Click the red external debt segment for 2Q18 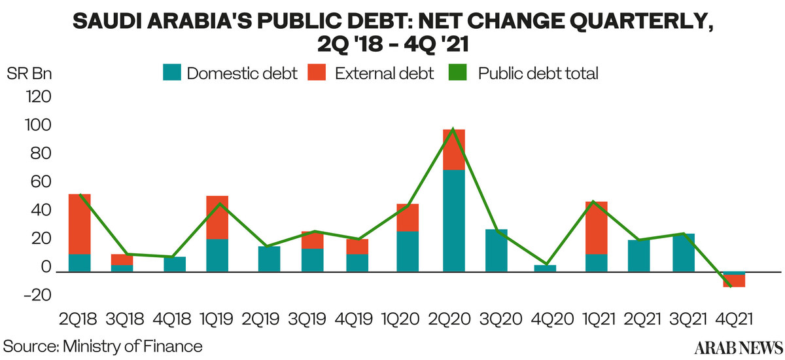pos(79,224)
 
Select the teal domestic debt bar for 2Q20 pos(453,221)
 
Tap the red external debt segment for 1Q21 pos(596,227)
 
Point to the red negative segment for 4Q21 pos(735,281)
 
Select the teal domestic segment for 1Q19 pos(217,255)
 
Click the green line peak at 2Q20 pos(453,129)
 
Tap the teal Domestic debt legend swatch pos(171,73)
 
